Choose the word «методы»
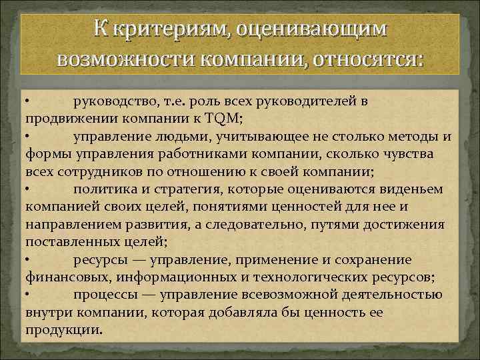[x=408, y=137]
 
